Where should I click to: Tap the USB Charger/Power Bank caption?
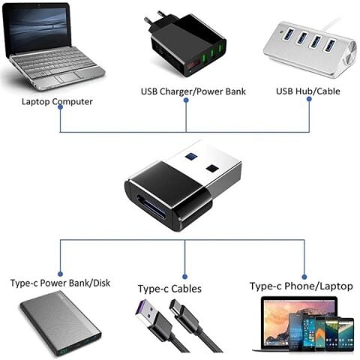(193, 91)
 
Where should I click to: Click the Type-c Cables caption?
(169, 288)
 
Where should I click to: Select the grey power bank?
(60, 325)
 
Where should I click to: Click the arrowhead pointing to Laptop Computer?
(60, 109)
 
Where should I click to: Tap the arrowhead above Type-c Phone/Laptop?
(304, 274)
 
